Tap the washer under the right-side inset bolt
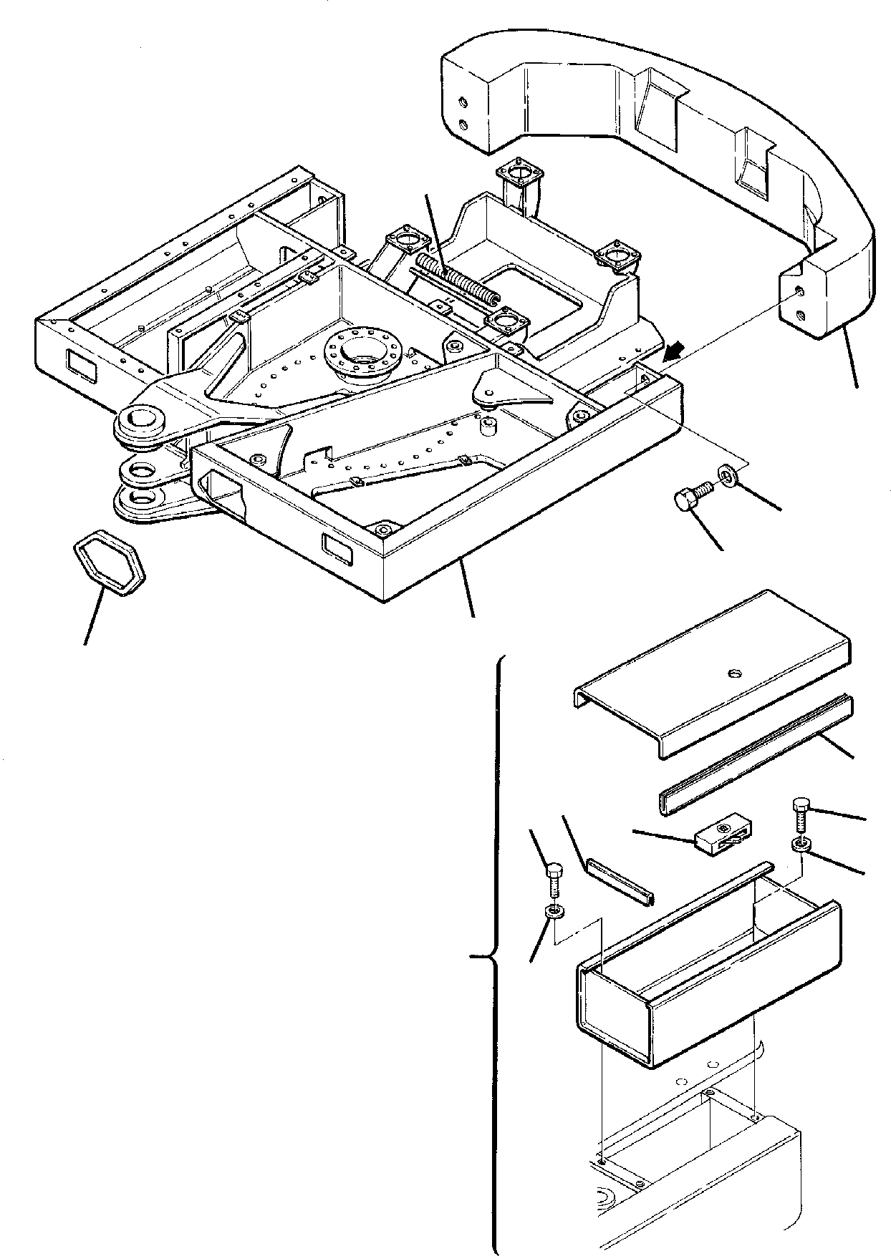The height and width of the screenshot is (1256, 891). (801, 846)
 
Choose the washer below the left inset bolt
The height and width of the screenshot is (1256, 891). (554, 912)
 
